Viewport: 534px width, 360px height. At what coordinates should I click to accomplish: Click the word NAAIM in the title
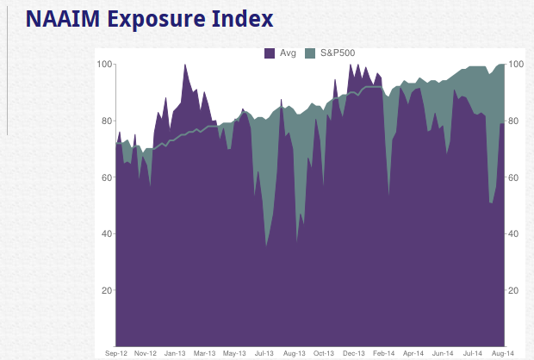tap(59, 18)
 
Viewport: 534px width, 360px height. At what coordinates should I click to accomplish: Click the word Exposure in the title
tap(158, 18)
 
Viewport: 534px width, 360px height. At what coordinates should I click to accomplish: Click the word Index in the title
tap(245, 18)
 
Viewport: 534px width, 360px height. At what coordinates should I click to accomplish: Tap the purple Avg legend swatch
tap(270, 53)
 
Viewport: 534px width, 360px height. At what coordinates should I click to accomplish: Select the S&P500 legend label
tap(338, 53)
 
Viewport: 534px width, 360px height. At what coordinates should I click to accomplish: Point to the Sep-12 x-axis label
tap(115, 353)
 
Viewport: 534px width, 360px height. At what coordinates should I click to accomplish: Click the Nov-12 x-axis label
tap(146, 353)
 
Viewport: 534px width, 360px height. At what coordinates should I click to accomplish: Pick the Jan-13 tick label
tap(175, 353)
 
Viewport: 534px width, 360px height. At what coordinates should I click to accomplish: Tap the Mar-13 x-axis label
tap(204, 353)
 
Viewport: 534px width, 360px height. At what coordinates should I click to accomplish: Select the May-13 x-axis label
tap(234, 353)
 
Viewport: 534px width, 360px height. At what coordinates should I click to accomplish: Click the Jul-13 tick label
tap(264, 353)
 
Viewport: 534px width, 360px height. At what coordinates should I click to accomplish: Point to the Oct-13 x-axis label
tap(324, 353)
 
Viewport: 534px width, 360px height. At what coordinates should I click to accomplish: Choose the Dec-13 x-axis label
tap(353, 353)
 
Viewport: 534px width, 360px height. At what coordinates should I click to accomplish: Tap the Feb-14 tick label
tap(383, 353)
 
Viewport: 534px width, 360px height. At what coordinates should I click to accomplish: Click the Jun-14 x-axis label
tap(443, 353)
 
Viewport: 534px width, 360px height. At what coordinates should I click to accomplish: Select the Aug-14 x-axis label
tap(502, 353)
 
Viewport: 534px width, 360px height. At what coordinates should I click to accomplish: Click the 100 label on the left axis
tap(104, 65)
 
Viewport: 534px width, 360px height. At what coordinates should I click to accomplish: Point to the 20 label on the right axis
tap(514, 290)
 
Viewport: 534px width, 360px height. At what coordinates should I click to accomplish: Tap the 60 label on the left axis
tap(107, 177)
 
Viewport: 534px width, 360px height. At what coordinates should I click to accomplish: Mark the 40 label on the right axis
tap(514, 234)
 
